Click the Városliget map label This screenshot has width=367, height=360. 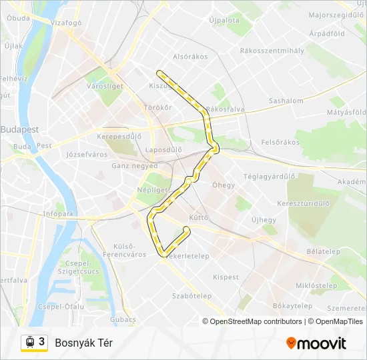click(x=105, y=86)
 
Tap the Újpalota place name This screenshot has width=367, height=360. click(x=224, y=21)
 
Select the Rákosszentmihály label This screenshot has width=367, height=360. click(x=272, y=50)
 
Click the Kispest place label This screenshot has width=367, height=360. click(x=226, y=277)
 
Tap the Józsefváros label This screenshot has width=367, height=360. click(x=87, y=155)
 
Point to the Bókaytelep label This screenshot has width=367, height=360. click(x=292, y=306)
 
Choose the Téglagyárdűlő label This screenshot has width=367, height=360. click(x=269, y=177)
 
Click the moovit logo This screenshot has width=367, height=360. click(x=316, y=343)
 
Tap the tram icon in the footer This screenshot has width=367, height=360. click(x=29, y=342)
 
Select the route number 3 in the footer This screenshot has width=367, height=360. click(x=42, y=341)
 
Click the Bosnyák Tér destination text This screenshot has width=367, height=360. click(x=83, y=343)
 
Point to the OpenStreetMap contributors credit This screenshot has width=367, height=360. click(x=252, y=321)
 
